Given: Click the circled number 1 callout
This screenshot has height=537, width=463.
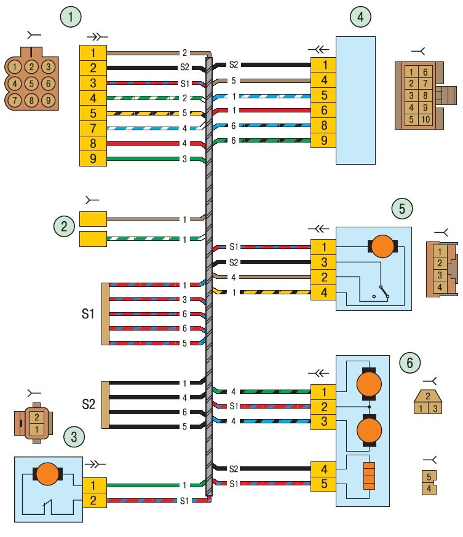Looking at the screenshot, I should (71, 17).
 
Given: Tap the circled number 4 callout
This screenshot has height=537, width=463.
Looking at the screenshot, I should (360, 17).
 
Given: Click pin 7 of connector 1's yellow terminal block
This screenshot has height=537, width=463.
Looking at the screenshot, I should (93, 128).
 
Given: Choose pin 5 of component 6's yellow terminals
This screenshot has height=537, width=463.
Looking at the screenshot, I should (323, 484).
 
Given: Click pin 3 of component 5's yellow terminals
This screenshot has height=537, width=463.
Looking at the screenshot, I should (323, 262).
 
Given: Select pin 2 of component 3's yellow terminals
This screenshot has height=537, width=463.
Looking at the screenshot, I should (93, 500).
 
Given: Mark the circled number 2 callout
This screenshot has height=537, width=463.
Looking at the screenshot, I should (64, 226).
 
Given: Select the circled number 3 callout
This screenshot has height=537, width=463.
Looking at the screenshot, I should (74, 437).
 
